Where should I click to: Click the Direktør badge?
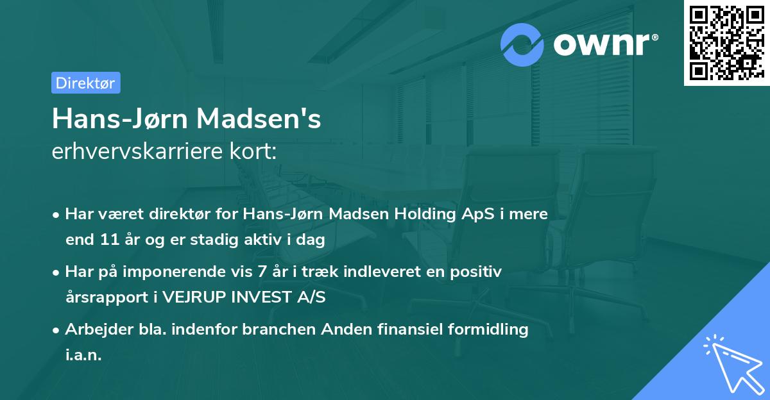pos(85,83)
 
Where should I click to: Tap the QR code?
pos(726,42)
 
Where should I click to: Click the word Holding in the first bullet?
pos(422,214)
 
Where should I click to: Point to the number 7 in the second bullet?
pos(261,272)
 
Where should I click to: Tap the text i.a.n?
pos(83,355)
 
